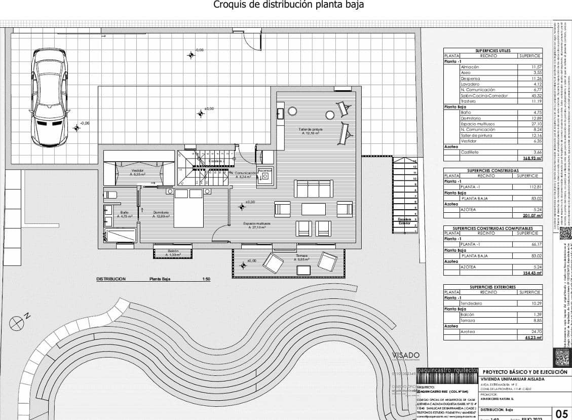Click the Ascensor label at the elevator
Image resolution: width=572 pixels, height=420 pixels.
pyautogui.click(x=265, y=171)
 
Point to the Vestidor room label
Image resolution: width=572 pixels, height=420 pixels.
pyautogui.click(x=137, y=172)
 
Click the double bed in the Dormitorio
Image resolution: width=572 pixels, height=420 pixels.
pyautogui.click(x=189, y=208)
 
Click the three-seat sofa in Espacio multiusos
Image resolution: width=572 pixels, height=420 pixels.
pyautogui.click(x=314, y=188)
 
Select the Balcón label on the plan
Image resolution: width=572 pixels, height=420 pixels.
pyautogui.click(x=173, y=251)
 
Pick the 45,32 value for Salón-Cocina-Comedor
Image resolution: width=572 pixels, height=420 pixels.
pyautogui.click(x=536, y=95)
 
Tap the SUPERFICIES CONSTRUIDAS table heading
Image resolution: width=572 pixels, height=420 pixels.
pyautogui.click(x=492, y=171)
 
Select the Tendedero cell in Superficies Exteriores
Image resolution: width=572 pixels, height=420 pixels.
pyautogui.click(x=471, y=303)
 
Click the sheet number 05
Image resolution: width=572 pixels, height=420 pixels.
pyautogui.click(x=561, y=413)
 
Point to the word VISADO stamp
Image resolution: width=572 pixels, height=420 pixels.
pyautogui.click(x=405, y=356)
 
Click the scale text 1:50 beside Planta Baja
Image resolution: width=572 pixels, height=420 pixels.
pyautogui.click(x=206, y=279)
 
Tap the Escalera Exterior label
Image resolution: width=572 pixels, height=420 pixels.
pyautogui.click(x=404, y=221)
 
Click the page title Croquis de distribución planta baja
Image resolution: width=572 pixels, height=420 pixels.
pyautogui.click(x=288, y=5)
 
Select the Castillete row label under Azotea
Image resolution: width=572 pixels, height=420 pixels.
pyautogui.click(x=470, y=152)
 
